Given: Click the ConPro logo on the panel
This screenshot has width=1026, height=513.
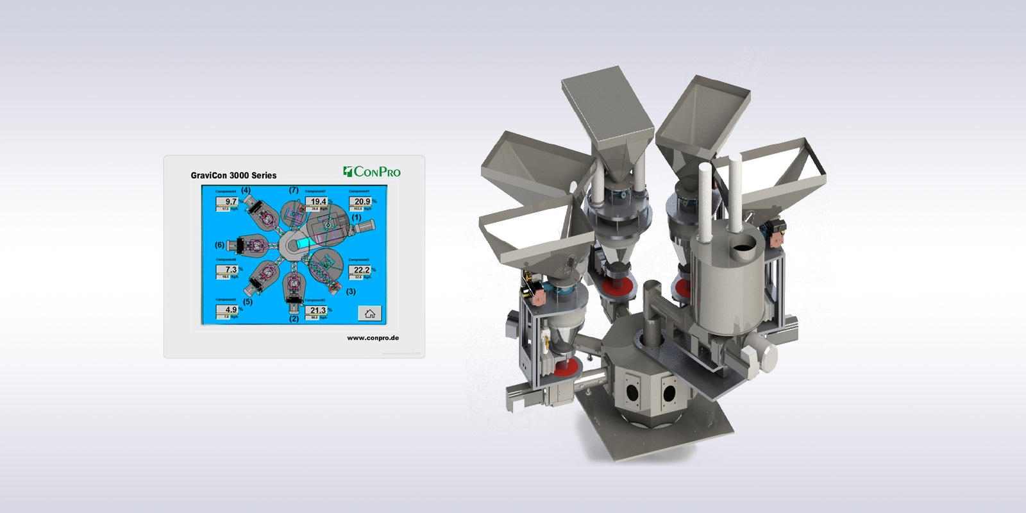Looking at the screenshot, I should (372, 171).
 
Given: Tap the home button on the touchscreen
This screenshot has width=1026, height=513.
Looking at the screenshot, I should (369, 313).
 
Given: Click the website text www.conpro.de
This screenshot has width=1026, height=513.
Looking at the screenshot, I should (373, 338).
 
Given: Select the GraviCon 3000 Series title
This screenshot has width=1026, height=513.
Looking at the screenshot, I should (233, 175).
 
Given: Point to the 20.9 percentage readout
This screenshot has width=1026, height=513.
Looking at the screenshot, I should (362, 201).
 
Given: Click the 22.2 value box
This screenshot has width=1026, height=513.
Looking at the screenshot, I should (361, 270).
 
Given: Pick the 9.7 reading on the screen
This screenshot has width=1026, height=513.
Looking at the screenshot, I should (230, 201).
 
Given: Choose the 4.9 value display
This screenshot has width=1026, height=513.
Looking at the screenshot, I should (230, 310).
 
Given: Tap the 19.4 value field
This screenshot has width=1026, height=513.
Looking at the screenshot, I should (318, 201).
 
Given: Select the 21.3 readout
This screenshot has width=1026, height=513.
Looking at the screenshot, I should (317, 310).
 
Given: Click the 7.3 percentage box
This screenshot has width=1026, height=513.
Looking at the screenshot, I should (230, 270).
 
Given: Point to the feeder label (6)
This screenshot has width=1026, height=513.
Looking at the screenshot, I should (219, 245).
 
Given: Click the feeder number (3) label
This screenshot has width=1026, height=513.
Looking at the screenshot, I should (351, 291).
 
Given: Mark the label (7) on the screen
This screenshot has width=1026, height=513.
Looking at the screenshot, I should (294, 190).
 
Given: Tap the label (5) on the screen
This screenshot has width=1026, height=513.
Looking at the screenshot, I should (248, 301).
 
